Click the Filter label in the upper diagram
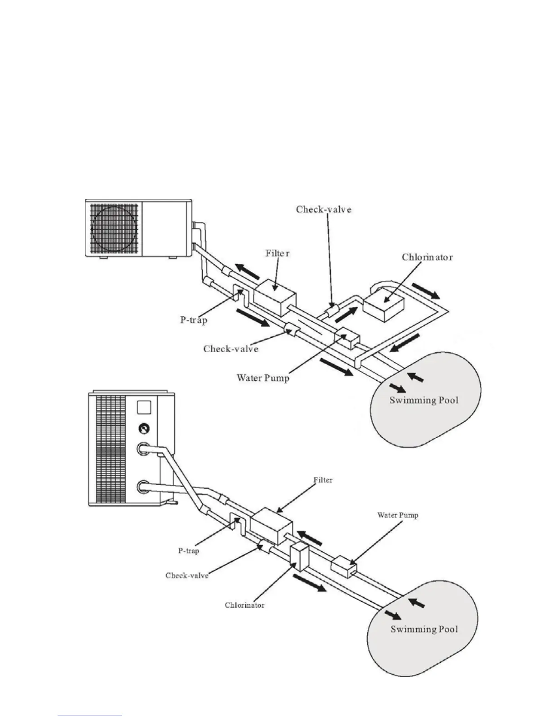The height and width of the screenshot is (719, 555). click(277, 253)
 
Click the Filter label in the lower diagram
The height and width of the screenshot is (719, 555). click(322, 480)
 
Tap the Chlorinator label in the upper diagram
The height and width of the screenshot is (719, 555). click(427, 257)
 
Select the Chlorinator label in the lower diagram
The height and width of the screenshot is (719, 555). click(244, 605)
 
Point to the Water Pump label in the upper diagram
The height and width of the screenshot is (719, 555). click(263, 378)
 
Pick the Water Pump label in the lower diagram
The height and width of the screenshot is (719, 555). click(398, 515)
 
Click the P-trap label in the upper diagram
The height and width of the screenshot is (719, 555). click(194, 320)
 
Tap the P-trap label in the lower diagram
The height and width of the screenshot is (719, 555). click(188, 551)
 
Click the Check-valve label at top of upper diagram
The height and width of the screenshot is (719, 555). click(323, 209)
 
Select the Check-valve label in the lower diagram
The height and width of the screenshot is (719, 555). click(187, 576)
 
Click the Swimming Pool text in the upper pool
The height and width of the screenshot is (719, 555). click(424, 400)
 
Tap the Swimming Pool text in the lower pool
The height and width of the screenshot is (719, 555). click(424, 629)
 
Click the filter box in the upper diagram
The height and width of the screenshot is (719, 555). click(274, 297)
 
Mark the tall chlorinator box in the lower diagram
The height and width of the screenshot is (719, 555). click(298, 556)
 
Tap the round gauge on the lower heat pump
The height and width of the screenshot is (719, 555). click(143, 428)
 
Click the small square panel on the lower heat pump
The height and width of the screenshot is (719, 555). click(143, 406)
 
